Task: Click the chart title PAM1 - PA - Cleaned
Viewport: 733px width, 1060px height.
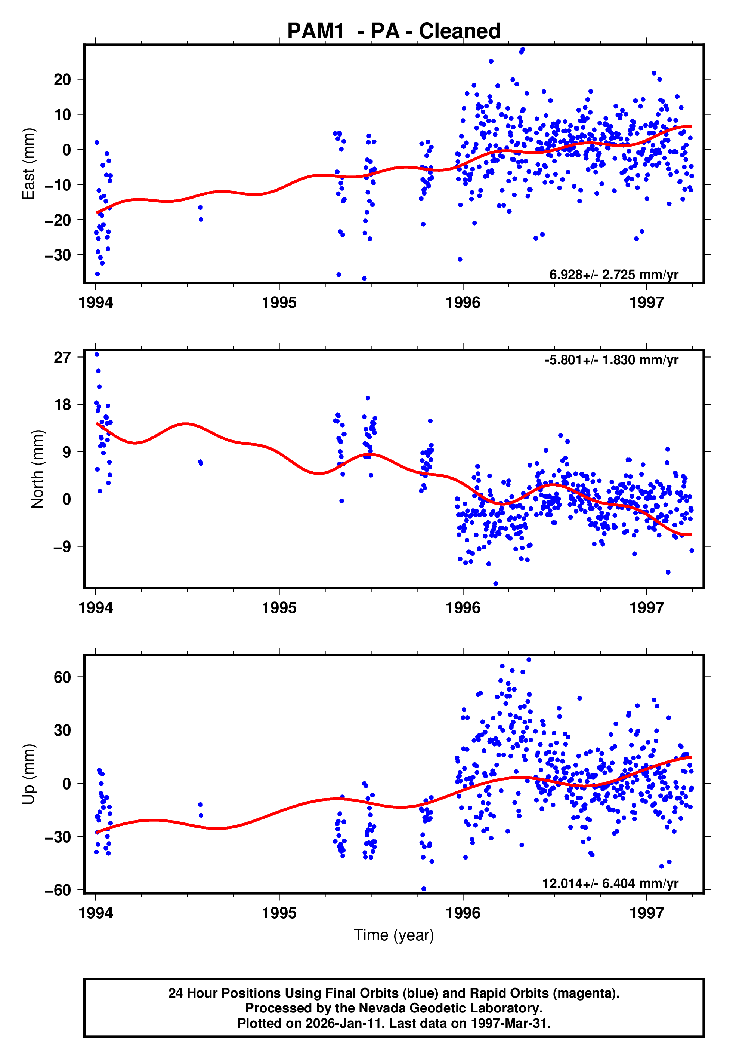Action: pos(394,31)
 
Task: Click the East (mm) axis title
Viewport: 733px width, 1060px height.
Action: pos(28,164)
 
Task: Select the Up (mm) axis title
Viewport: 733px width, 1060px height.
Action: pos(28,774)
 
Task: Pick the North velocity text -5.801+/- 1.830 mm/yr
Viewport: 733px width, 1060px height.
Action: pos(611,359)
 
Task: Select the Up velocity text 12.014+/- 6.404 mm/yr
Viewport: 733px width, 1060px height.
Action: pos(610,883)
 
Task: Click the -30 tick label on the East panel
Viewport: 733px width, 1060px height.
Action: pos(58,255)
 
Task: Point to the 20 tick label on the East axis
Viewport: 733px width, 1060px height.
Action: pos(62,80)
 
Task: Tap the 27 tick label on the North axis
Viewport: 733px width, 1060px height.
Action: pos(62,357)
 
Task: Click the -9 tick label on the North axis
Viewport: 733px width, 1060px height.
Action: pos(62,547)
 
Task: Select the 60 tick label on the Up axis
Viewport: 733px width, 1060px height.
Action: pos(62,677)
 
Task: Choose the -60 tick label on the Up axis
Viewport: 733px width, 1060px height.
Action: pos(58,890)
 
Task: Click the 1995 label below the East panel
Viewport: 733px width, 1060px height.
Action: pos(279,303)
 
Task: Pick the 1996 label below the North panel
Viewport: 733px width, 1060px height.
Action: pos(463,608)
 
